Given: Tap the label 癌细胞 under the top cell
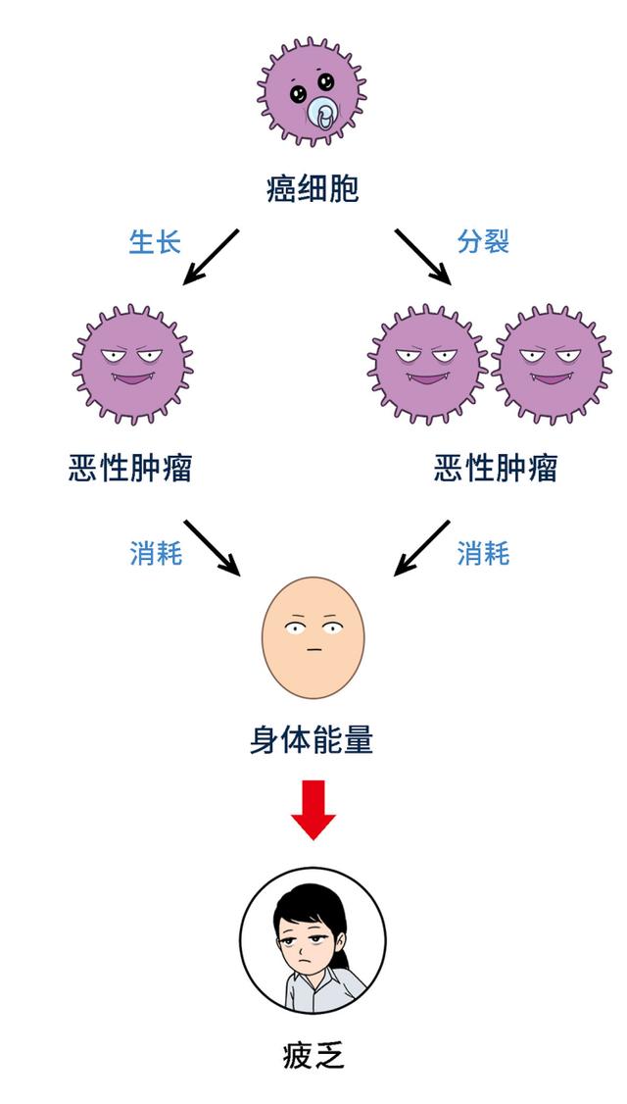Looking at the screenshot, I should (313, 188).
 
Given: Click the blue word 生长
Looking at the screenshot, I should (156, 242).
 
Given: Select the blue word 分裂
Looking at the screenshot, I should (483, 242).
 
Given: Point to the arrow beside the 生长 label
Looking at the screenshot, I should (212, 257).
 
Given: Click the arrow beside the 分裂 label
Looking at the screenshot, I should (423, 257).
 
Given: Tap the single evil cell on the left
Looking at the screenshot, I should (132, 364).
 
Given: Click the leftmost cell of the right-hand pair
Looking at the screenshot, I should (427, 364).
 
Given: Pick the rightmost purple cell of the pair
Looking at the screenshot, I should (549, 364).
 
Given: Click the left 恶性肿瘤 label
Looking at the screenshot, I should (130, 469).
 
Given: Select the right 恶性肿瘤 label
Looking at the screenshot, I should (496, 469).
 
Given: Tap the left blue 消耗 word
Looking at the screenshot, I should (156, 554).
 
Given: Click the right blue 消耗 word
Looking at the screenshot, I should (483, 554).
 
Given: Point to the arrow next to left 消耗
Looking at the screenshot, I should (212, 547).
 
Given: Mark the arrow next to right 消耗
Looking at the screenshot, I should (422, 547).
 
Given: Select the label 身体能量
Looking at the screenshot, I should (313, 739).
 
